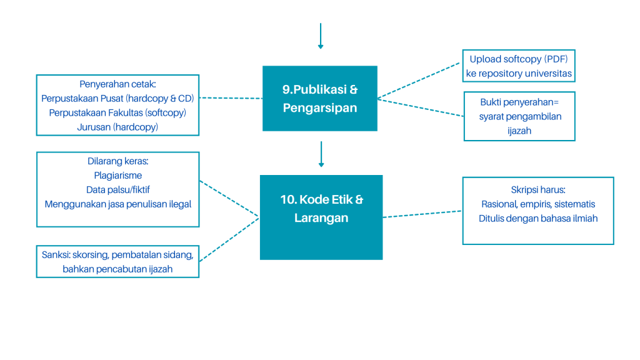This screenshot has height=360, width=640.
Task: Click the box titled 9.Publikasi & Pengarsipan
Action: click(319, 98)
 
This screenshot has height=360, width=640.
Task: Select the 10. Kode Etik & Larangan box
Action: click(321, 217)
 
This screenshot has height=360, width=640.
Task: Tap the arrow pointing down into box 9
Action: click(321, 36)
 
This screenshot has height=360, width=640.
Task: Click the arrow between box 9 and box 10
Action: click(321, 154)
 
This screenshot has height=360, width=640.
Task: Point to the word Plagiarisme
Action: click(118, 175)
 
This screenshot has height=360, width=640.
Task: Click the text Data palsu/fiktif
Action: click(118, 189)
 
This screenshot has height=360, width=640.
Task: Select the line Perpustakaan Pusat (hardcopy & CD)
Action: click(117, 98)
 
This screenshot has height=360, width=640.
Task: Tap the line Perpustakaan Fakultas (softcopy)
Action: click(117, 112)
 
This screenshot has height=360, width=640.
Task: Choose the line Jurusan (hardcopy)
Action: click(117, 127)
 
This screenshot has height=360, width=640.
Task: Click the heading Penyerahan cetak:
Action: click(117, 84)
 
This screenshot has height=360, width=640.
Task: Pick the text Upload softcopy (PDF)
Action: click(518, 59)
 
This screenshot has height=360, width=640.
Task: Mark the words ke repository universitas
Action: click(518, 74)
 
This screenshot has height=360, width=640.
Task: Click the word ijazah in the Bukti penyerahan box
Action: click(519, 131)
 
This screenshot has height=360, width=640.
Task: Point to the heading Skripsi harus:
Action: click(538, 189)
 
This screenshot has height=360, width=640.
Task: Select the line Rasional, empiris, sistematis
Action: click(538, 204)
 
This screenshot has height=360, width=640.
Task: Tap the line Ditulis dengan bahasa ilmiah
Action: click(538, 218)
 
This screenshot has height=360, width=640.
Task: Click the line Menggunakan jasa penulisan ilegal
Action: click(118, 204)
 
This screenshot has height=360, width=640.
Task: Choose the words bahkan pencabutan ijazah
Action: click(117, 269)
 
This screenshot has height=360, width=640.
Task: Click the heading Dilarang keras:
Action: click(117, 161)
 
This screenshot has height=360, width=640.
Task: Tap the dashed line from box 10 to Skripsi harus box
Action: click(422, 214)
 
